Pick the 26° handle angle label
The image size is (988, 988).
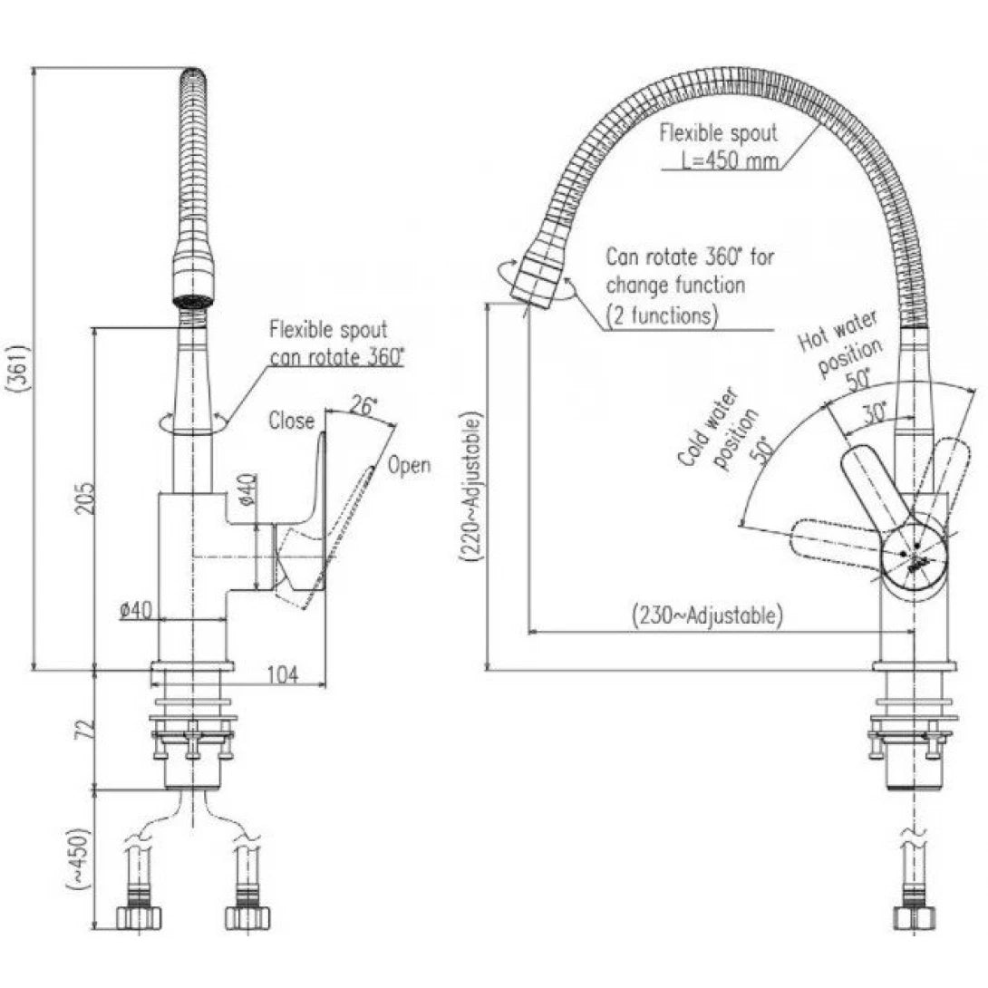pos(362,407)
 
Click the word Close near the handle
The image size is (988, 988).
pos(291,421)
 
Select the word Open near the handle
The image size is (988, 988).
pos(409,466)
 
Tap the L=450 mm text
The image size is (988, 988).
pos(726,160)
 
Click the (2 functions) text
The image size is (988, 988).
pos(661,315)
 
